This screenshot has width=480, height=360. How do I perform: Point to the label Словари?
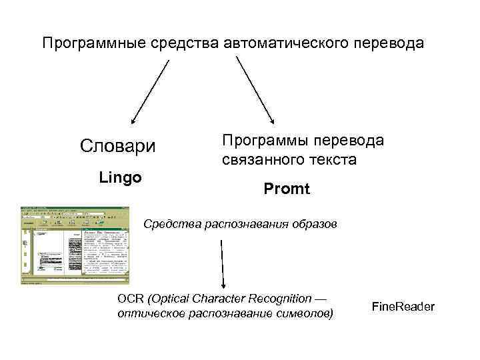coord(117,145)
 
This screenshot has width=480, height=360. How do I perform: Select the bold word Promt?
coord(287,189)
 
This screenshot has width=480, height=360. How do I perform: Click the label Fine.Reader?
coord(403,306)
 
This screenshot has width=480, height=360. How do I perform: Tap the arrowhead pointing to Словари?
coord(133,121)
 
